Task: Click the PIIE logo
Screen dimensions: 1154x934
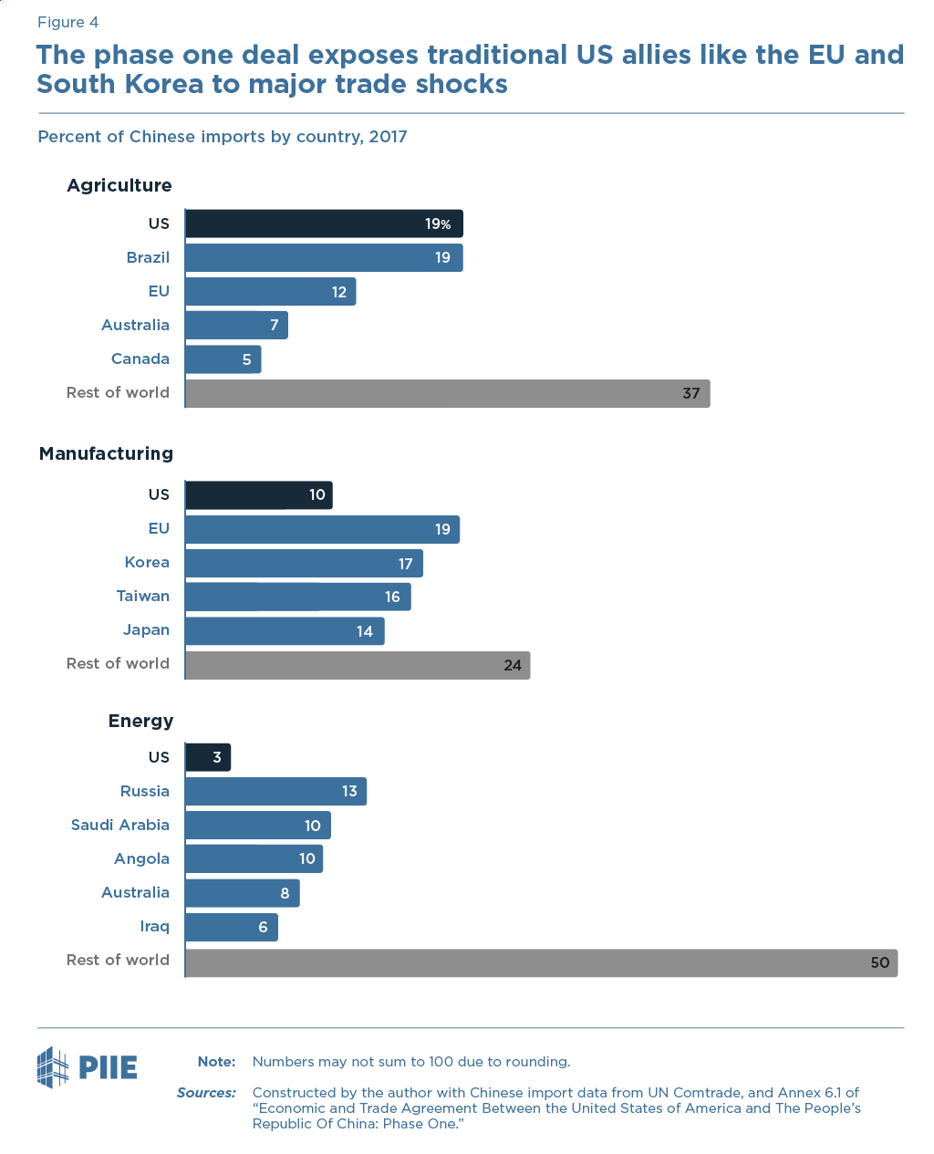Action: coord(88,1066)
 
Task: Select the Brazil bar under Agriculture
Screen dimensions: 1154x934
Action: coord(323,258)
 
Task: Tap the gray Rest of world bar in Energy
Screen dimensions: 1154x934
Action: coord(541,962)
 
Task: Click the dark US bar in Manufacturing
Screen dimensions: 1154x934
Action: coord(258,495)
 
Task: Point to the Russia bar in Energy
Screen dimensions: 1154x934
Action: coord(275,792)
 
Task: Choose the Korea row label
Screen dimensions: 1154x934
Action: coord(147,562)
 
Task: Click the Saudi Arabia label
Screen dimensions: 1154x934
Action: coord(120,825)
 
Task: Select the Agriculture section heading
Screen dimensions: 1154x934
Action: coord(119,185)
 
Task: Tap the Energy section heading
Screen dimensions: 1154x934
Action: coord(140,721)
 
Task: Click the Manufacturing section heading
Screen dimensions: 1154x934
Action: coord(106,453)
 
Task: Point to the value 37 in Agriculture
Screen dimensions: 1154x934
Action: coord(690,393)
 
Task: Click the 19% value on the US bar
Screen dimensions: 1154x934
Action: coord(438,224)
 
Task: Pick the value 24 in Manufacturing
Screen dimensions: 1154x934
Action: coord(513,665)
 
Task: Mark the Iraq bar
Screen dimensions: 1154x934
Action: coord(231,927)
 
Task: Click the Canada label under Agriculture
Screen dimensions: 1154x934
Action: coord(140,359)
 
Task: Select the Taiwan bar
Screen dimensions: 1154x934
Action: coord(297,597)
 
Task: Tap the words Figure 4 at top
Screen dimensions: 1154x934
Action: coord(67,22)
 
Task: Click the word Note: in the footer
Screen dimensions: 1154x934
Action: coord(216,1061)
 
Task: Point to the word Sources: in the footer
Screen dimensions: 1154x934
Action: coord(206,1092)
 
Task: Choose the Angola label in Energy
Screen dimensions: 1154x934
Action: coord(141,858)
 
